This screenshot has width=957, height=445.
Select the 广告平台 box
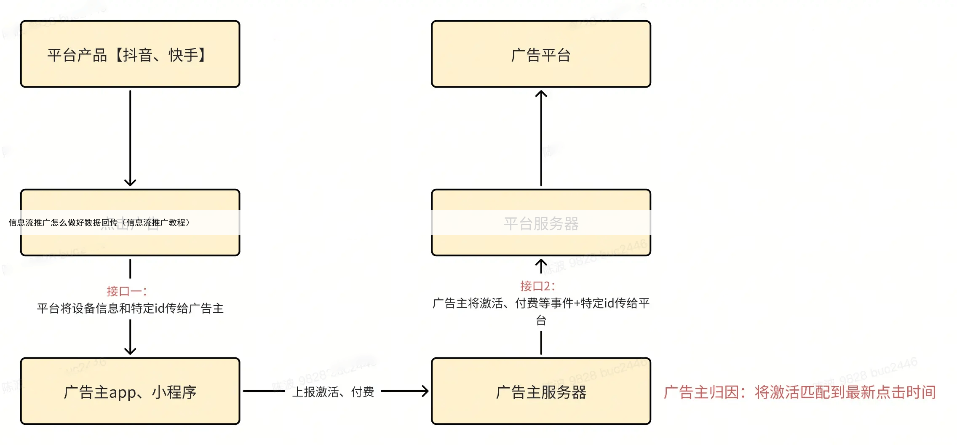(x=541, y=54)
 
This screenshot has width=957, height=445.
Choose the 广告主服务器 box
(x=541, y=391)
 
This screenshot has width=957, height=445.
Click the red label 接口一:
(x=126, y=291)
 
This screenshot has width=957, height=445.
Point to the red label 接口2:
(x=537, y=286)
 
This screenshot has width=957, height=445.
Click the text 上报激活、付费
(x=333, y=392)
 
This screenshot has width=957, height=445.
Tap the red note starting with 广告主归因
(x=799, y=392)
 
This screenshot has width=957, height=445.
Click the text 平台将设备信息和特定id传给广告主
(x=130, y=308)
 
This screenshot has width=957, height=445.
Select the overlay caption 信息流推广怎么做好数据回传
(x=99, y=222)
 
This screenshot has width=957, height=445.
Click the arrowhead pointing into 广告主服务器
(x=425, y=391)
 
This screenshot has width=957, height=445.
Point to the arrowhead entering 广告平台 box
(x=541, y=94)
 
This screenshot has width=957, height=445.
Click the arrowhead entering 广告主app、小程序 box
(x=130, y=351)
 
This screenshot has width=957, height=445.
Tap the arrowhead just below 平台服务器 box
(x=541, y=263)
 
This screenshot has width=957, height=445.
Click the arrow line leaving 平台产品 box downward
(x=130, y=135)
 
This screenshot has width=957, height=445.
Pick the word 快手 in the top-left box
(x=183, y=55)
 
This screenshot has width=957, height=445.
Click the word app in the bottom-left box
(x=123, y=393)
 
